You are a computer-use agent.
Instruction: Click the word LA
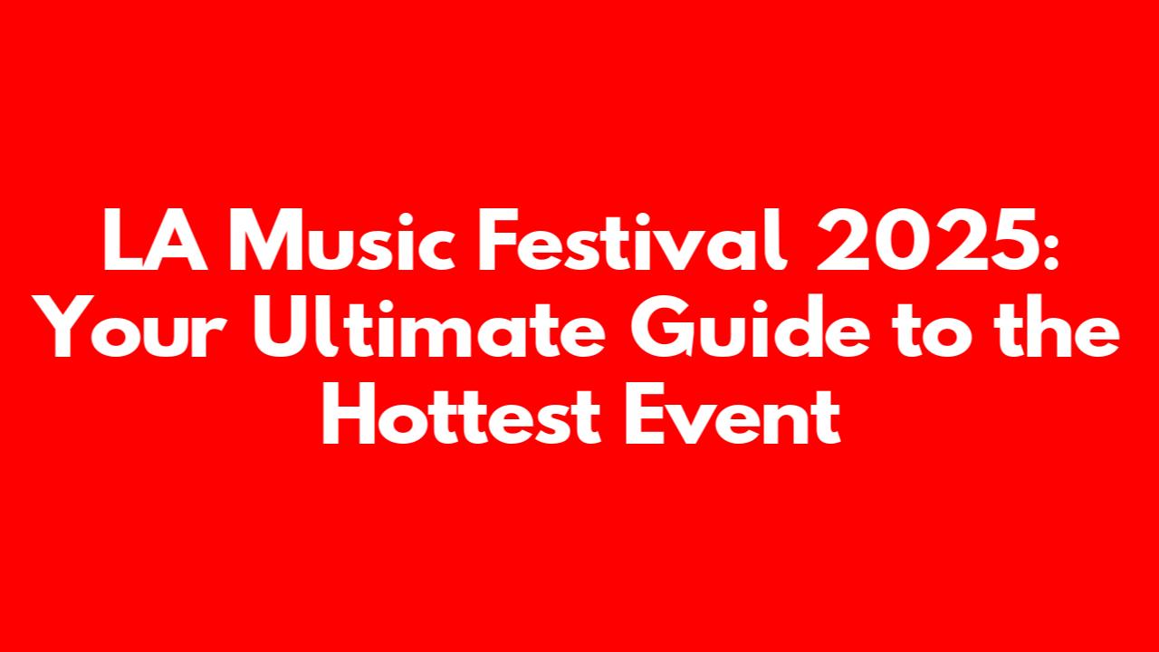point(156,240)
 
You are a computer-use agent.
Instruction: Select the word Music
point(342,240)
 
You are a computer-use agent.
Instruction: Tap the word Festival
point(633,240)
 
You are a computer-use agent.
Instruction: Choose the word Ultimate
point(429,327)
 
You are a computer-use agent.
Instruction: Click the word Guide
point(750,327)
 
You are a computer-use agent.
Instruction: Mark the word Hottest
point(462,414)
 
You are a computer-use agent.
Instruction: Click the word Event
point(733,414)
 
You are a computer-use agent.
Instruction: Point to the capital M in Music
point(265,240)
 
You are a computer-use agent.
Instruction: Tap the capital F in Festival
point(499,240)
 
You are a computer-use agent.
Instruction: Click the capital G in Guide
point(662,327)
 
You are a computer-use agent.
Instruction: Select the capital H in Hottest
point(349,414)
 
